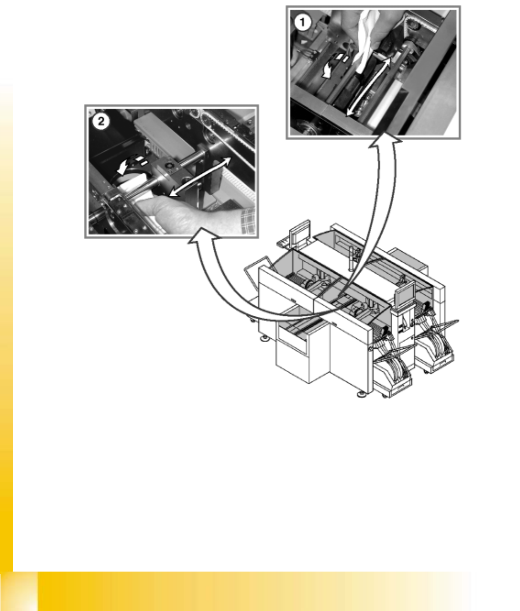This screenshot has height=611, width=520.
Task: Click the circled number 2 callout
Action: (x=101, y=121)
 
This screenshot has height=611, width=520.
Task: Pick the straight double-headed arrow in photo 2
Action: (x=200, y=176)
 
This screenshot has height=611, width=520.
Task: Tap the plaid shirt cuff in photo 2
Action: (x=248, y=220)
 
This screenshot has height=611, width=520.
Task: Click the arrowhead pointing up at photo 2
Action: (x=204, y=236)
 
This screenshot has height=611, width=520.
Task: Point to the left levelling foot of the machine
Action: (x=265, y=337)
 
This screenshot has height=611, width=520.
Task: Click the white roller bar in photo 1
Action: (x=381, y=103)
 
